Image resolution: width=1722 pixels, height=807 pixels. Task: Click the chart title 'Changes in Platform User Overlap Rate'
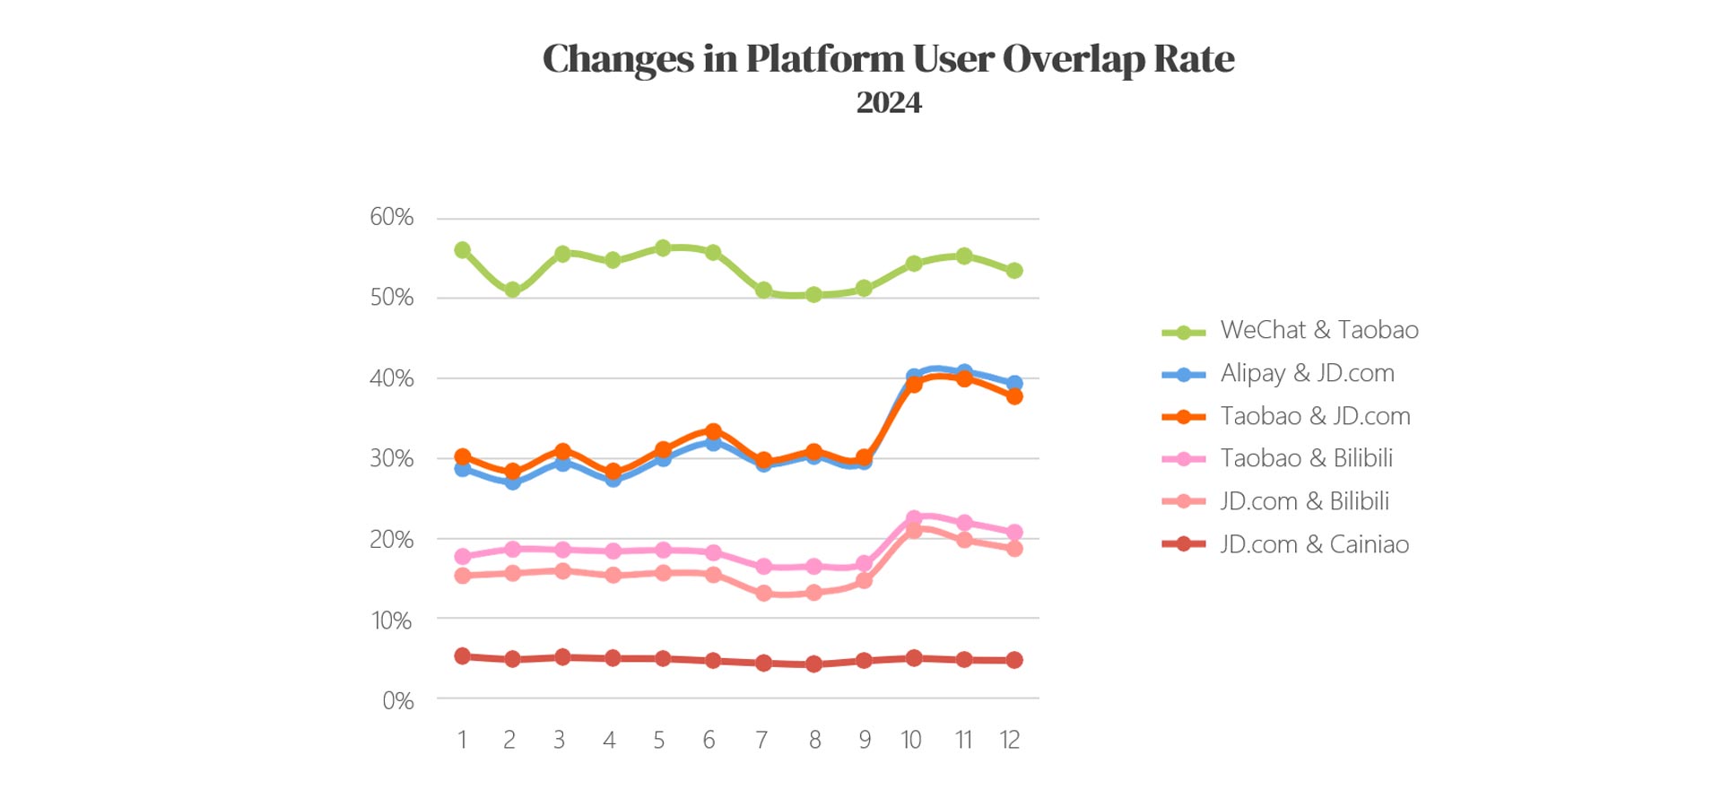pyautogui.click(x=888, y=59)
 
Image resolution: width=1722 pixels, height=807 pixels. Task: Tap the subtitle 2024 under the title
pyautogui.click(x=888, y=103)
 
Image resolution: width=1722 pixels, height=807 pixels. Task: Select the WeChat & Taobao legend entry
pyautogui.click(x=1318, y=330)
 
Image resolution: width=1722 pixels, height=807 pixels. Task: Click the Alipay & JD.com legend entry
pyautogui.click(x=1307, y=373)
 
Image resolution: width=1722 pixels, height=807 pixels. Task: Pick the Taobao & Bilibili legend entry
pyautogui.click(x=1306, y=458)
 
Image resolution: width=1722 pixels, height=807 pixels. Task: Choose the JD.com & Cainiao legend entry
pyautogui.click(x=1314, y=544)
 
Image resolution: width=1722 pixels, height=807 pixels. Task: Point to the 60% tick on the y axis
pyautogui.click(x=392, y=217)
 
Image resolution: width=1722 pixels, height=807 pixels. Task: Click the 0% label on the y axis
pyautogui.click(x=398, y=700)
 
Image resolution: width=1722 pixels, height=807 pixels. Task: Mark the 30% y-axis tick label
pyautogui.click(x=392, y=458)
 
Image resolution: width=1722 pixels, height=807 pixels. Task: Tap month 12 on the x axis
pyautogui.click(x=1010, y=740)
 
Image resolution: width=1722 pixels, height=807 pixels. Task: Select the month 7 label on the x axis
pyautogui.click(x=761, y=740)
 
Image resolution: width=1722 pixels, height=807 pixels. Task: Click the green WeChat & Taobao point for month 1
pyautogui.click(x=463, y=250)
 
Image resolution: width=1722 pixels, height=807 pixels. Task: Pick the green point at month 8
pyautogui.click(x=813, y=294)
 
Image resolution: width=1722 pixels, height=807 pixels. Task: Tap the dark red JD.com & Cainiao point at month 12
pyautogui.click(x=1014, y=660)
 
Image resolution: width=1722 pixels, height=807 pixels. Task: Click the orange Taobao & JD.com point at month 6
pyautogui.click(x=714, y=432)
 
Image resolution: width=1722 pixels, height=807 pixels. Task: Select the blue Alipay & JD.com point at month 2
pyautogui.click(x=513, y=482)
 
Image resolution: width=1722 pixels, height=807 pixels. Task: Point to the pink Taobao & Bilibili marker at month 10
pyautogui.click(x=914, y=518)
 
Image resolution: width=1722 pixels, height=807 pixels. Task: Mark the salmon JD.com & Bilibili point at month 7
pyautogui.click(x=764, y=593)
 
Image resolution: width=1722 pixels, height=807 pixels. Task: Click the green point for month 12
pyautogui.click(x=1014, y=271)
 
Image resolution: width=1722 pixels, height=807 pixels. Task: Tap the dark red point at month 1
pyautogui.click(x=463, y=656)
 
